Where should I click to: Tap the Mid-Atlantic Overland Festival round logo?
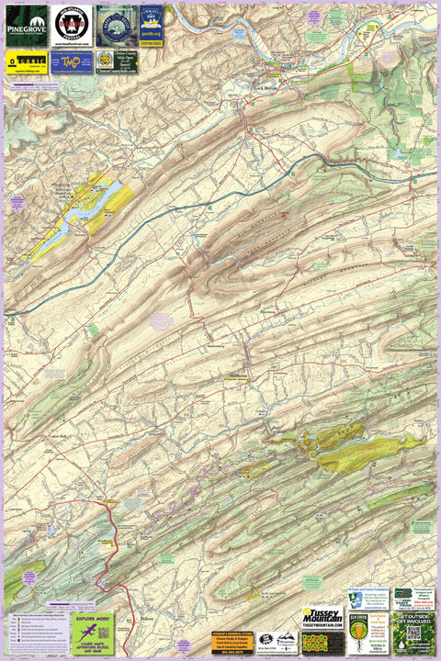pos(72,26)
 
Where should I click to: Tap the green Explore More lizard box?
pos(94,633)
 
